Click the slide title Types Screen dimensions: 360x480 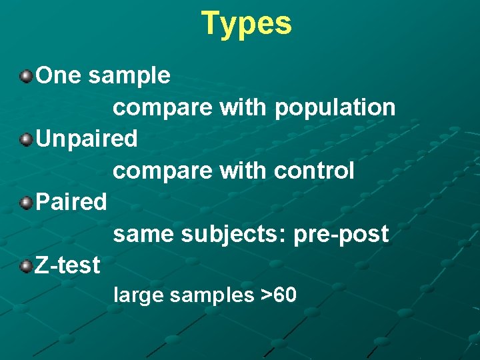coord(246,23)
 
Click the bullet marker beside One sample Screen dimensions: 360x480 coord(25,77)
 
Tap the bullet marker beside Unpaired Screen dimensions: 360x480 coord(25,139)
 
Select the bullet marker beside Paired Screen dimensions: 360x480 coord(25,203)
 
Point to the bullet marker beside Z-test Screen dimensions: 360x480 coord(25,266)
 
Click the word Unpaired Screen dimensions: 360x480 coord(87,139)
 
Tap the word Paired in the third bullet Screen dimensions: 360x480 coord(71,201)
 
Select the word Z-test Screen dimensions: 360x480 coord(67,265)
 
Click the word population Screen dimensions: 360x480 coord(335,107)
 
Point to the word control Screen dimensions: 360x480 coord(314,171)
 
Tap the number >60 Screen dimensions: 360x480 coord(279,295)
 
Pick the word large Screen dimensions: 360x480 coord(139,295)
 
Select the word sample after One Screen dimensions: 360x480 coord(129,76)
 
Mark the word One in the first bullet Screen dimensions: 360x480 coord(59,75)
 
